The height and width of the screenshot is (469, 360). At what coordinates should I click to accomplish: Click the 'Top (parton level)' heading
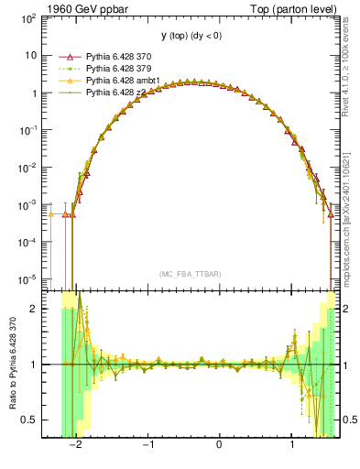tap(296, 10)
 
